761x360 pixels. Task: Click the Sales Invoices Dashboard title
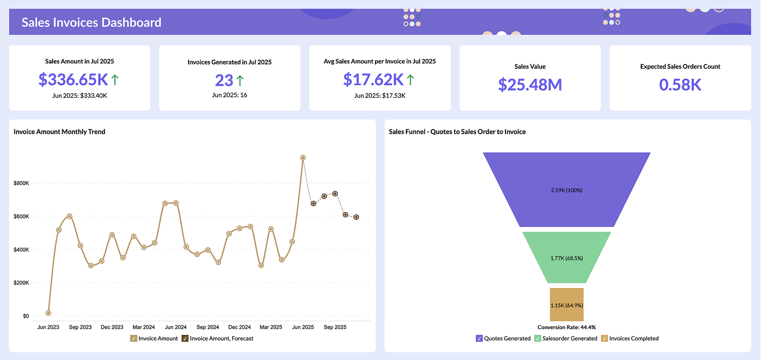click(x=91, y=22)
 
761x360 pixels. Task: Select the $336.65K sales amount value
click(x=73, y=79)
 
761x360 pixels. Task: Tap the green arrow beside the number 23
click(x=240, y=80)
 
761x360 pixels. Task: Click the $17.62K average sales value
click(x=373, y=79)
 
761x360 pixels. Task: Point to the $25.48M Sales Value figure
click(x=530, y=84)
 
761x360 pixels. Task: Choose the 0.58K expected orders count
click(x=680, y=84)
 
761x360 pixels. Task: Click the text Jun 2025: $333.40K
click(x=79, y=95)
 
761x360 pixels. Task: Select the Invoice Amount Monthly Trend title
click(x=60, y=132)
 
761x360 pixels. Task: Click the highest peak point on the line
click(x=302, y=158)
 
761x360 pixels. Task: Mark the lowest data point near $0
click(x=48, y=313)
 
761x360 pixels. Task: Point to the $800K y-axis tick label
click(x=21, y=183)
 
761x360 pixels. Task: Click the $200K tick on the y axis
click(x=21, y=283)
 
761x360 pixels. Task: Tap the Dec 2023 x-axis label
click(x=112, y=327)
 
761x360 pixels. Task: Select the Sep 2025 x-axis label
click(x=335, y=327)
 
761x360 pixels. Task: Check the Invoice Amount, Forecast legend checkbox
click(x=185, y=338)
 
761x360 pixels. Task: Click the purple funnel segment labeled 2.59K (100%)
click(x=566, y=190)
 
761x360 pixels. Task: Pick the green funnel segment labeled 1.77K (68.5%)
click(x=566, y=258)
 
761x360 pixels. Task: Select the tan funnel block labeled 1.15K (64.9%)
click(x=566, y=305)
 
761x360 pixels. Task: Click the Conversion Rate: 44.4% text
click(x=566, y=327)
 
